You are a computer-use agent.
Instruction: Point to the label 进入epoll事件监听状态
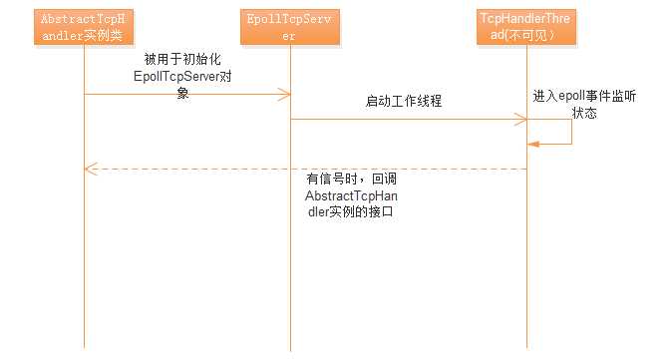583,103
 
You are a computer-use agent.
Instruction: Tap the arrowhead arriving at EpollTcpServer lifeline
285,94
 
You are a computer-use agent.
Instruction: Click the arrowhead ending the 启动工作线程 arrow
521,120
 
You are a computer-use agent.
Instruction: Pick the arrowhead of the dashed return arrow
89,170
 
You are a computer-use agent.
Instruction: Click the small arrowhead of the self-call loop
532,145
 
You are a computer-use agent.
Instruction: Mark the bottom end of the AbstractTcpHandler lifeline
85,349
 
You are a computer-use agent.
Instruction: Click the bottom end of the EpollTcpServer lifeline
290,349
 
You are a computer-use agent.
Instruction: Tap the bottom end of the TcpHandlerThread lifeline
526,349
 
